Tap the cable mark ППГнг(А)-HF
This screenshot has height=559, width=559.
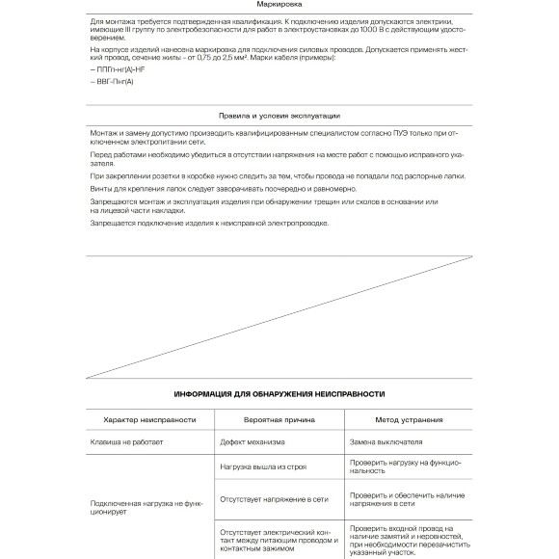click(x=119, y=70)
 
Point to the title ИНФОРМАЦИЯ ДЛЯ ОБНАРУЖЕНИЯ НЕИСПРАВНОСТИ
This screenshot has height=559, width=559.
click(x=279, y=394)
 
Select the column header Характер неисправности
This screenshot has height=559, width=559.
click(x=143, y=420)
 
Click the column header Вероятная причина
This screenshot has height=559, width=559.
click(x=278, y=420)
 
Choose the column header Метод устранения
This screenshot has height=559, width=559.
click(x=411, y=420)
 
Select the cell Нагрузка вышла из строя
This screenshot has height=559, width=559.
click(x=263, y=466)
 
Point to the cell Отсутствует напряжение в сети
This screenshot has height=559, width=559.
click(x=274, y=500)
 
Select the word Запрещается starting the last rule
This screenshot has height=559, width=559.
click(x=113, y=223)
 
